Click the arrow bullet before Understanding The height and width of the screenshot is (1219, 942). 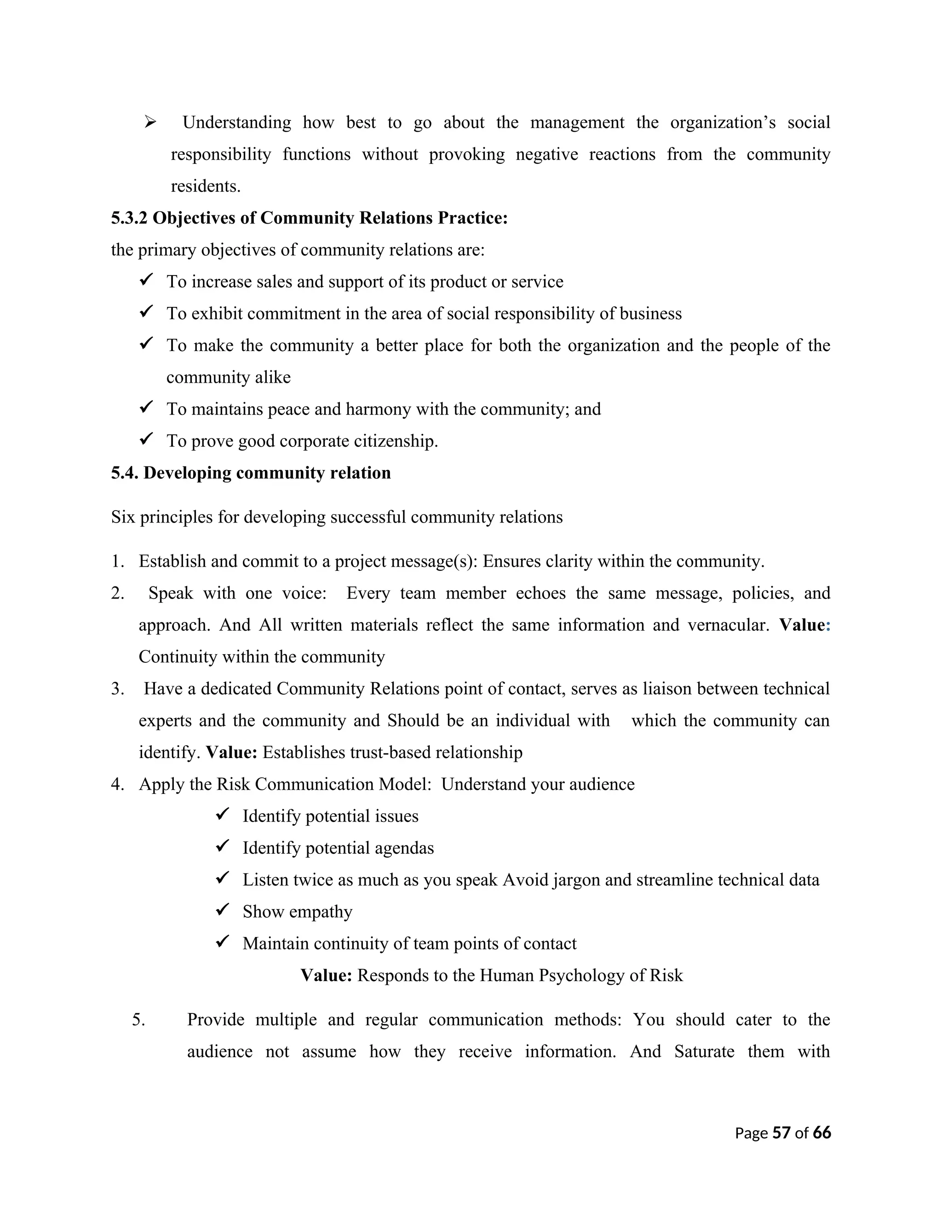pyautogui.click(x=149, y=122)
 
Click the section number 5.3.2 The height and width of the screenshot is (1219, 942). pyautogui.click(x=129, y=218)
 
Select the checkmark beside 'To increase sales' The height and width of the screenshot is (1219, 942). pyautogui.click(x=147, y=280)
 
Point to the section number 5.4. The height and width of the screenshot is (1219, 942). pyautogui.click(x=125, y=473)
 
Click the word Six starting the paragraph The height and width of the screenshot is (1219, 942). pyautogui.click(x=123, y=517)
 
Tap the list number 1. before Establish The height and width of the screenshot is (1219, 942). pyautogui.click(x=118, y=561)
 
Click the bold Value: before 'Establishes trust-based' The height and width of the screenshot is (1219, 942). pyautogui.click(x=231, y=753)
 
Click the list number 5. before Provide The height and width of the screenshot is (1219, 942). pyautogui.click(x=138, y=1020)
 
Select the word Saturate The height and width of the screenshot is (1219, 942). pyautogui.click(x=704, y=1052)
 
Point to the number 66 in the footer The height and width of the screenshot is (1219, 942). pyautogui.click(x=821, y=1133)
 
